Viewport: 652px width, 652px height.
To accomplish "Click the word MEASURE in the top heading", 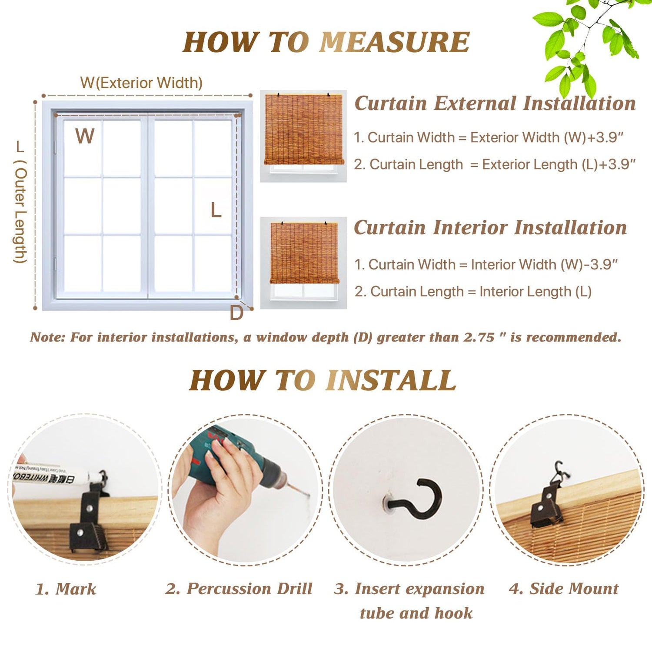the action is tap(395, 42).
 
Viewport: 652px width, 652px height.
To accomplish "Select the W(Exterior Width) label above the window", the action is tap(141, 83).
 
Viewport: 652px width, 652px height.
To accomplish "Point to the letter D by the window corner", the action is tap(236, 313).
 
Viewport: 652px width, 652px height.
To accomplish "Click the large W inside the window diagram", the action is tap(85, 136).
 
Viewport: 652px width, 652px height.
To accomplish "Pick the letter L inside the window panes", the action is tap(216, 211).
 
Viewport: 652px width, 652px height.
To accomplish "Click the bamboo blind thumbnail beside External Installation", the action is tap(303, 136).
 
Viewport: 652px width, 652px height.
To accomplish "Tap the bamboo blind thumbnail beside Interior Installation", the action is tap(303, 263).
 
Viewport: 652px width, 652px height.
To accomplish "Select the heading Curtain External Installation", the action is tap(495, 103).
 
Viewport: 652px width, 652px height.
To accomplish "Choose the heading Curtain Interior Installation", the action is tap(490, 228).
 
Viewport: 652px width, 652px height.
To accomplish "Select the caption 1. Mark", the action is tap(66, 589).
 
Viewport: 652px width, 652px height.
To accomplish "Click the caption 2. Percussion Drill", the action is tap(239, 589).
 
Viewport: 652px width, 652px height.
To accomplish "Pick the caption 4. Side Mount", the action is tap(563, 589).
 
